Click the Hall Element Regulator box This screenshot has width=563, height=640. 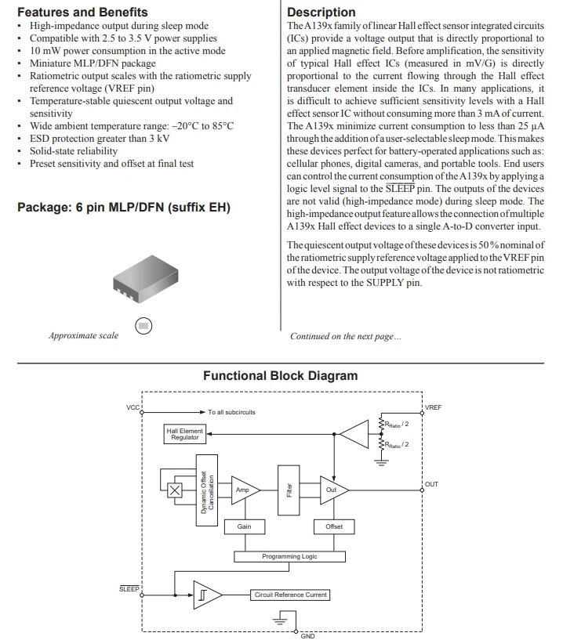click(185, 434)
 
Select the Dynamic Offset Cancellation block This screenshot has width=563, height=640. click(207, 490)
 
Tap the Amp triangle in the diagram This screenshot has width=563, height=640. click(245, 490)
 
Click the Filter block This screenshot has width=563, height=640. click(289, 490)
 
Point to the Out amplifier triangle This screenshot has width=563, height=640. click(334, 490)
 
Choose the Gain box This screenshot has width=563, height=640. click(245, 526)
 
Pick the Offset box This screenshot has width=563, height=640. click(334, 526)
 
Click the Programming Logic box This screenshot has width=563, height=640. click(289, 556)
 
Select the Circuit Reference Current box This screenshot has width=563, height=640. click(290, 595)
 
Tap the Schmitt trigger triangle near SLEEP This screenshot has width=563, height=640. click(207, 595)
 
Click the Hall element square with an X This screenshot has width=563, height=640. click(174, 490)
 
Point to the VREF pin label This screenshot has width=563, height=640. click(433, 407)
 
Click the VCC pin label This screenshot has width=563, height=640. click(133, 407)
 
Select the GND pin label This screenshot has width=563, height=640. click(307, 636)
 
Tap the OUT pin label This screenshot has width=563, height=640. click(431, 484)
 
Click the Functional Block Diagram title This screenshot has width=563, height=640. click(280, 375)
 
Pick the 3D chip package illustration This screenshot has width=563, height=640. click(145, 279)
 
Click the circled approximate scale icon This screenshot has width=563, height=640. click(143, 326)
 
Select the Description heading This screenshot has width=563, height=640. click(321, 13)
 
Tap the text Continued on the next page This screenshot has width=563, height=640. click(346, 336)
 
